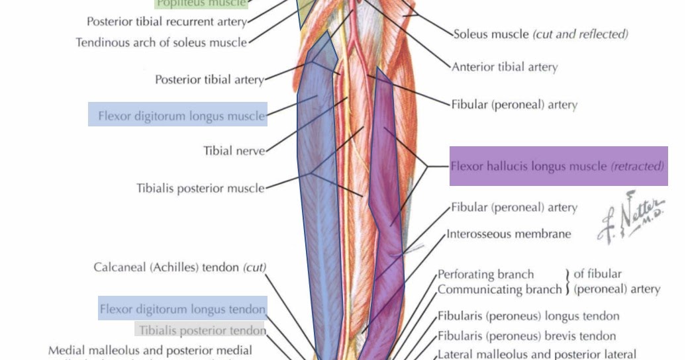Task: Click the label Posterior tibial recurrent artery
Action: (x=166, y=22)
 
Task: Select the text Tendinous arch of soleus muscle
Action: (x=161, y=42)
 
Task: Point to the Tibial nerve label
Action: (x=234, y=151)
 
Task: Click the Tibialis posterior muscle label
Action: (x=201, y=188)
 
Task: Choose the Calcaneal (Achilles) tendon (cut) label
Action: (x=179, y=267)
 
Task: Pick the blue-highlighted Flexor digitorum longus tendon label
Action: (x=182, y=309)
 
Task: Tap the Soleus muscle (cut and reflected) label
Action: (x=540, y=34)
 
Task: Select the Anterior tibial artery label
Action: (x=505, y=67)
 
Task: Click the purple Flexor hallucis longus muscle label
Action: (x=558, y=166)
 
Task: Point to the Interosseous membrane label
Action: (x=509, y=234)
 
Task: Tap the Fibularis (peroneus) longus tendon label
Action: (x=528, y=316)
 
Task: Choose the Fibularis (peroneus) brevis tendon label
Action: (x=526, y=336)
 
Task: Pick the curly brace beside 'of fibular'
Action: (x=567, y=282)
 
